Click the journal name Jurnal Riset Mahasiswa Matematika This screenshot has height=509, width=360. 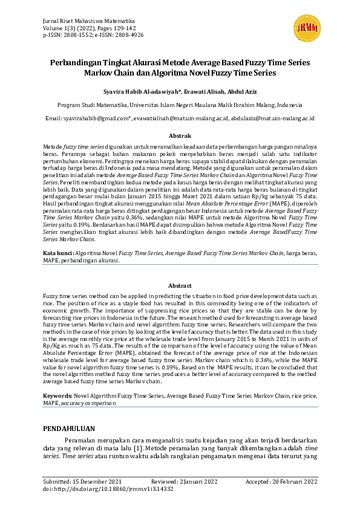tap(88, 21)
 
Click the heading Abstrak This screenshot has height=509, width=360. tap(180, 136)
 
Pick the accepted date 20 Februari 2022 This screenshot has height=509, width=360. tap(294, 481)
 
